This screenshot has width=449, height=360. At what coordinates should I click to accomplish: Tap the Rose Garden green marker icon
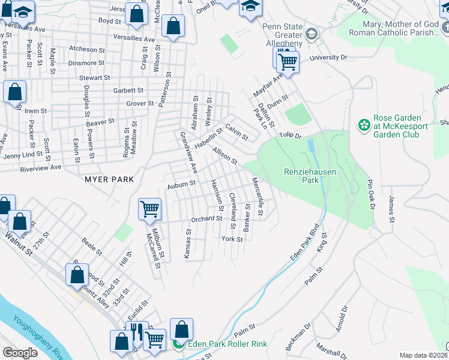364,125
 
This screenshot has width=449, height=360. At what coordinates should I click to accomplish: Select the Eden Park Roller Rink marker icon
178,344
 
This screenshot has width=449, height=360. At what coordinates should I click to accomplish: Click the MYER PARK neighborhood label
109,179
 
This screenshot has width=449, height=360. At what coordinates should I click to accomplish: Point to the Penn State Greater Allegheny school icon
311,33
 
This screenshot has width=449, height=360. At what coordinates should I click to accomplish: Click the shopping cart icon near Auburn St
149,209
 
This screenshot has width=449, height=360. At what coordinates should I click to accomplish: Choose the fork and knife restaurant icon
136,331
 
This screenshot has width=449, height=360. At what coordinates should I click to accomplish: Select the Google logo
20,353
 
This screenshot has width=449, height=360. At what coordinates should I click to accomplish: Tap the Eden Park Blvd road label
303,244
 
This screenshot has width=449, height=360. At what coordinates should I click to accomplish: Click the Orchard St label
206,219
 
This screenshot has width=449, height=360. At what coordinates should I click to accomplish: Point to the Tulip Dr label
289,136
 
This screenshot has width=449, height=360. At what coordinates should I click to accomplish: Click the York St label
232,239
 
